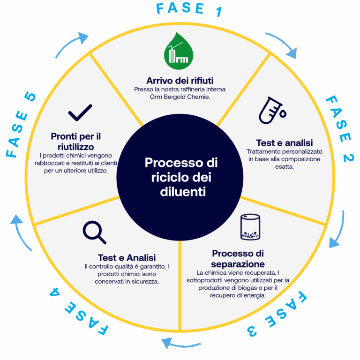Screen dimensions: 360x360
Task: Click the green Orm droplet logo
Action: pyautogui.click(x=180, y=51)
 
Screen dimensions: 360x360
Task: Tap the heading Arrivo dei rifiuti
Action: pyautogui.click(x=180, y=80)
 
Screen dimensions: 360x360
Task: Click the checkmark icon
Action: pyautogui.click(x=80, y=112)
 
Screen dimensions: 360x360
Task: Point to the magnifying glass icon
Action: pyautogui.click(x=94, y=232)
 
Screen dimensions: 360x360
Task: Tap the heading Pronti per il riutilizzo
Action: pyautogui.click(x=76, y=141)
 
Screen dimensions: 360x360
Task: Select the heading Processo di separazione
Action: pyautogui.click(x=238, y=259)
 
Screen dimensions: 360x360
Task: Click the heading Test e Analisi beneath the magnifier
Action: pyautogui.click(x=127, y=258)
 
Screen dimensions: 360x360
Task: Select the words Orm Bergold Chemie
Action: pyautogui.click(x=180, y=96)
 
